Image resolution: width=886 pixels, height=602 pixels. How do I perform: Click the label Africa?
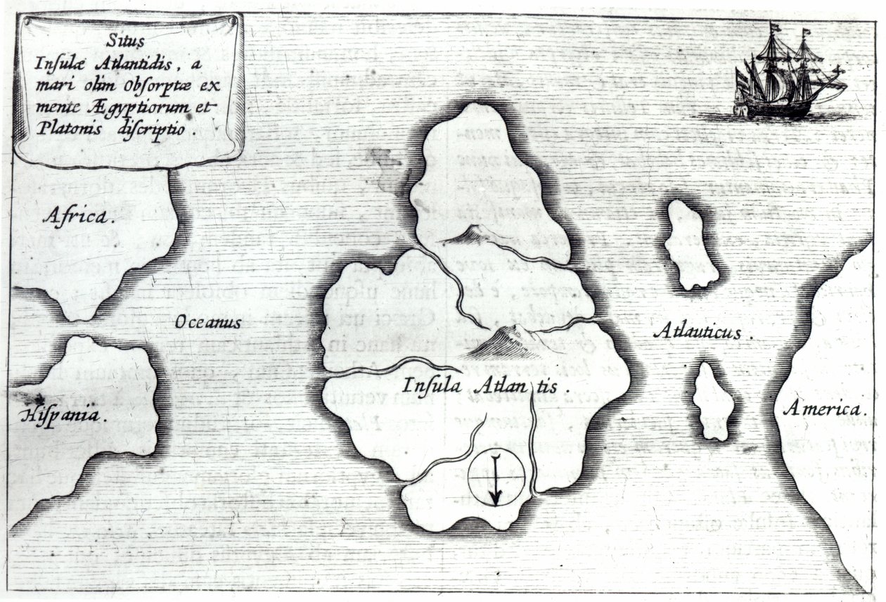point(77,216)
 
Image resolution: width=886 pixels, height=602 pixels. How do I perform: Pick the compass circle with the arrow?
point(496,478)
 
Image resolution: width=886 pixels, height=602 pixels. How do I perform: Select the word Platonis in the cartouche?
point(64,131)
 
